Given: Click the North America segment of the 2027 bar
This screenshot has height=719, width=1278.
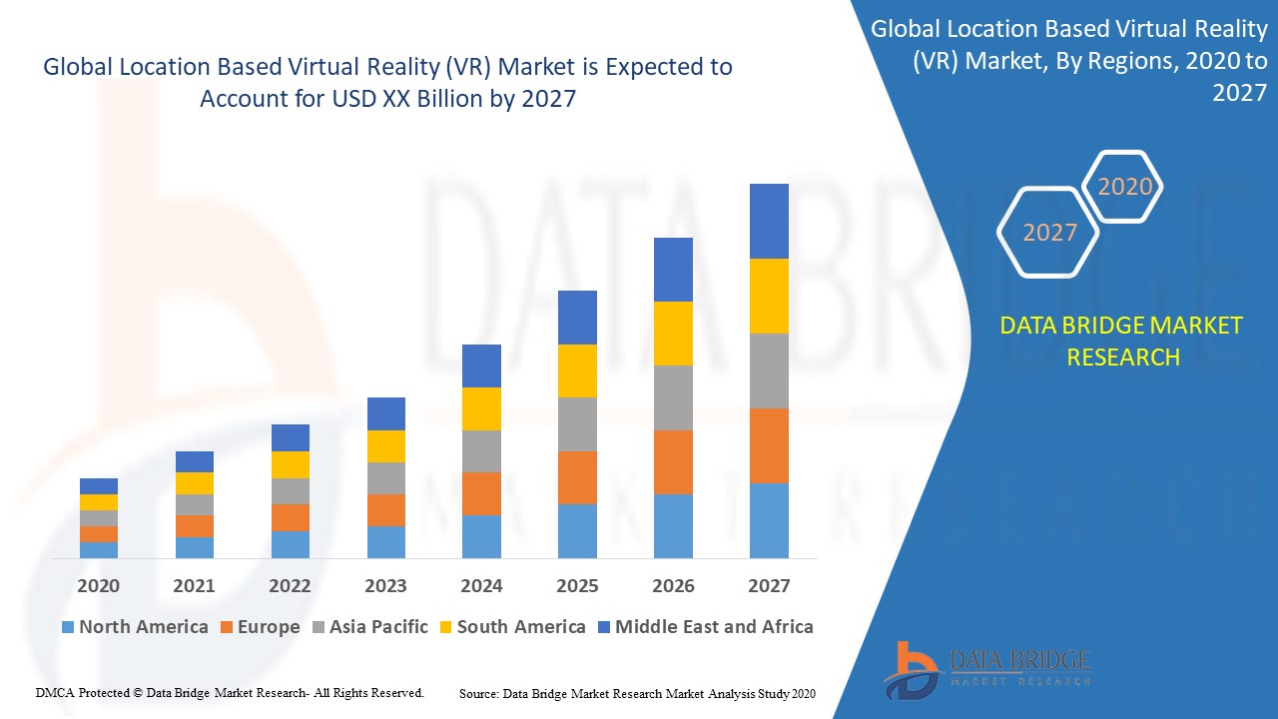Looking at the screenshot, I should coord(769,520).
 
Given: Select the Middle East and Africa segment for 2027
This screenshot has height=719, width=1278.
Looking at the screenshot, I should coord(769,221).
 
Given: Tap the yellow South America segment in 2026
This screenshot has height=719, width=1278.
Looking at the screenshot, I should coord(673,334).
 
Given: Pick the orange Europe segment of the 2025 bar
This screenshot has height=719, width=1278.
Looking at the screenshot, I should coord(577,477).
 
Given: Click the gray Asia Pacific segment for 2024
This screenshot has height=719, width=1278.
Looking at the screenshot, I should coord(481,451).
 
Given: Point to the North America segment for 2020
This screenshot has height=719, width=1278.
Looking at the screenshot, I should coord(99,549).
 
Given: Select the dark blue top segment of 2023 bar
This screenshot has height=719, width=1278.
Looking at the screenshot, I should coord(386,413).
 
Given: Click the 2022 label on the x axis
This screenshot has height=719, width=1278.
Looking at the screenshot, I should coord(290,586).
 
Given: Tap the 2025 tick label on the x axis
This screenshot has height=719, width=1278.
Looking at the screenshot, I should coord(577,586).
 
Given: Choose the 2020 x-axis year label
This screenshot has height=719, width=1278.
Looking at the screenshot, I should coord(99,586).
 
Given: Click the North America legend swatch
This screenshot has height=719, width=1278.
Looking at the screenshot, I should coord(68,628).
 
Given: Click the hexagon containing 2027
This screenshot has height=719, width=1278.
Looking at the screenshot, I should coord(1048,233).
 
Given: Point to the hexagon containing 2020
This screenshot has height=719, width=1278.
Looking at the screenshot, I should coord(1124,187).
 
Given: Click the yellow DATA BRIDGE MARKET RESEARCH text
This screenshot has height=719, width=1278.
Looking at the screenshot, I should coord(1122,341).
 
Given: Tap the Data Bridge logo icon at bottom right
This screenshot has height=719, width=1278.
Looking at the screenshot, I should coord(911,669).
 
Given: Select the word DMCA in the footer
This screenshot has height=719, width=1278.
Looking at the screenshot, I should coord(54,692).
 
